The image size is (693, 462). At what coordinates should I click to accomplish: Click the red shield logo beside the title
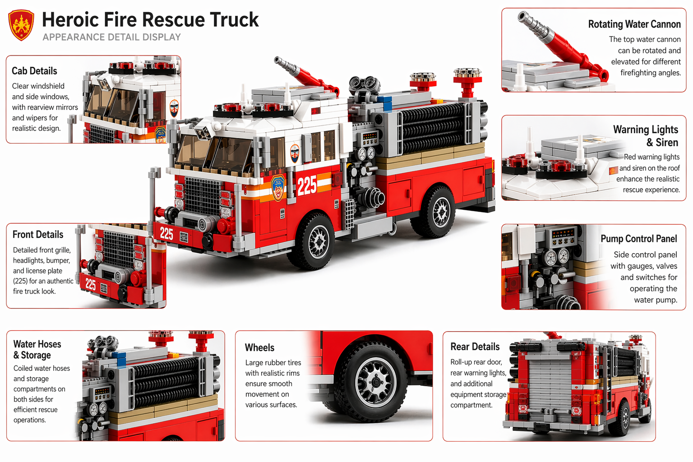[x=21, y=25]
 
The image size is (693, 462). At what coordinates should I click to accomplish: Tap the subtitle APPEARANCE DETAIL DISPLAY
[x=111, y=37]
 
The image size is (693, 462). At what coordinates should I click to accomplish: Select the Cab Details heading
[x=34, y=71]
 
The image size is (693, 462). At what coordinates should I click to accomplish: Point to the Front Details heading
[x=38, y=235]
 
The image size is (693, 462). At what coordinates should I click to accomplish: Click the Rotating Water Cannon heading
[x=634, y=24]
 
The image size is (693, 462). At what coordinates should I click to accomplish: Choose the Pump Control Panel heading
[x=638, y=239]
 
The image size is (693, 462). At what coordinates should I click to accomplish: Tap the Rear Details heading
[x=475, y=346]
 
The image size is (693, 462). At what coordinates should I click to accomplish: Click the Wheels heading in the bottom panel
[x=259, y=347]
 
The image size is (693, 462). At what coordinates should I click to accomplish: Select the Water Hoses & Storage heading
[x=37, y=350]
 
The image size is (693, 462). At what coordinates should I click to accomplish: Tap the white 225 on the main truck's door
[x=307, y=185]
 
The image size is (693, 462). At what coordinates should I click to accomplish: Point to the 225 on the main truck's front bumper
[x=166, y=234]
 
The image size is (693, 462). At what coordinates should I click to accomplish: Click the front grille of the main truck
[x=203, y=196]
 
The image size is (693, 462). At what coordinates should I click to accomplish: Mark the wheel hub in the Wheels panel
[x=376, y=382]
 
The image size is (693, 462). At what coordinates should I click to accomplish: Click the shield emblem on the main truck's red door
[x=278, y=188]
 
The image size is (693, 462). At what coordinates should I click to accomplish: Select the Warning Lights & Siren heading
[x=646, y=136]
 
